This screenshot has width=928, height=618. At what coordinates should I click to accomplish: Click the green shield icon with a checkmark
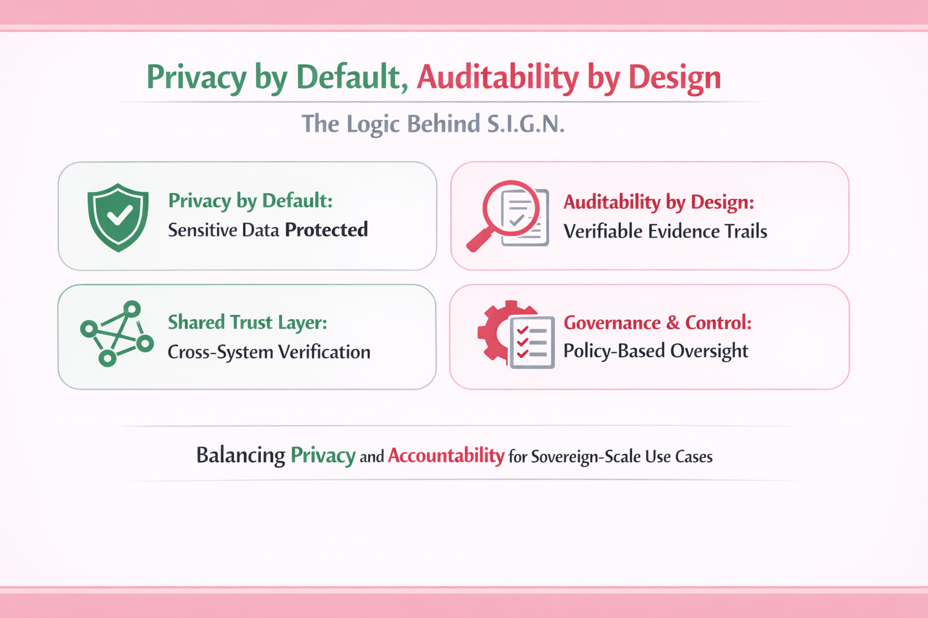click(118, 217)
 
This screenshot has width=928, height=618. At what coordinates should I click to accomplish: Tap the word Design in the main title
click(674, 77)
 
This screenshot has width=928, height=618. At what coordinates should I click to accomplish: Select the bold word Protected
click(326, 230)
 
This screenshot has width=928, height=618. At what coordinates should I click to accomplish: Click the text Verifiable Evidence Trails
click(665, 231)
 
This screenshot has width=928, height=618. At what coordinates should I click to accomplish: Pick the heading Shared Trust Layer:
click(248, 322)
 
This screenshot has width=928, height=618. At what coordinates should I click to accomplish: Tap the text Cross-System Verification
click(269, 352)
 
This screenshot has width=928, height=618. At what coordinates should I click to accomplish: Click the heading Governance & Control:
click(657, 323)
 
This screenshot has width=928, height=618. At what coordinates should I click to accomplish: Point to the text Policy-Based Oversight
click(656, 351)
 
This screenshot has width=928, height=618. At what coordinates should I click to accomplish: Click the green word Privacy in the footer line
click(323, 455)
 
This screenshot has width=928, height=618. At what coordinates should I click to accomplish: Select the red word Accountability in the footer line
click(446, 455)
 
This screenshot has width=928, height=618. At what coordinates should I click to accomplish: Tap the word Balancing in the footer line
click(240, 455)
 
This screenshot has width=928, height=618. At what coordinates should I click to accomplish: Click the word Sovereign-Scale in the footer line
click(585, 456)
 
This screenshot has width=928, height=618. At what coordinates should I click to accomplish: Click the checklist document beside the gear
click(532, 342)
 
